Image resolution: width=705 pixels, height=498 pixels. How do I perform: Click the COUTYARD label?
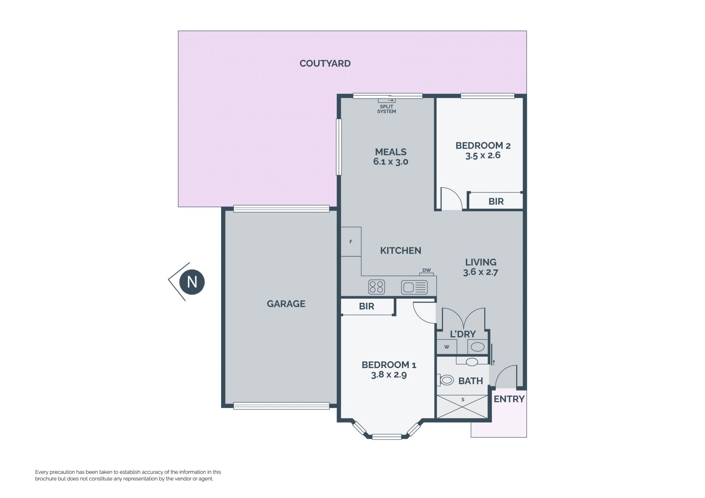point(325,63)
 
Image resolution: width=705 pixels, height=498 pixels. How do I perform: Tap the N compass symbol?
point(192,282)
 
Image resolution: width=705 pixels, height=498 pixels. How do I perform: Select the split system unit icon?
point(387,100)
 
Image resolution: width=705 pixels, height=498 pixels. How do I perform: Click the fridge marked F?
point(351,241)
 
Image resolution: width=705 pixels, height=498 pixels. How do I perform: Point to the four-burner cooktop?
point(376,287)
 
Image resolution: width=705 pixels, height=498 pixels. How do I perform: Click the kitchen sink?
point(415,287)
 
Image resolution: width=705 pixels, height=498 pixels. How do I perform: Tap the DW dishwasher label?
point(426,270)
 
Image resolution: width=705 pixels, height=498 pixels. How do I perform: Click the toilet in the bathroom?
point(445,380)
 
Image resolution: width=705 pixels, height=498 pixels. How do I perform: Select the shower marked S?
point(463,407)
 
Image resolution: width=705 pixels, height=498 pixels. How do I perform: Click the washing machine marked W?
point(447,347)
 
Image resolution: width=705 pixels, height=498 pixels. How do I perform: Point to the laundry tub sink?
point(477,347)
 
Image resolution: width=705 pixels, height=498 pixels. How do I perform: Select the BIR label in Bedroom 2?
point(496,201)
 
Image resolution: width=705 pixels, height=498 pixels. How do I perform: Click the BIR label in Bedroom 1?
point(366,306)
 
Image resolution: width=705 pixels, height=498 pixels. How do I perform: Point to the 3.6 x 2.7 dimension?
point(480,272)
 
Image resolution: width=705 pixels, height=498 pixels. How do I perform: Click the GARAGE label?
point(286,304)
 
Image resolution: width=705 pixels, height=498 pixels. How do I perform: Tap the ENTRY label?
point(509,399)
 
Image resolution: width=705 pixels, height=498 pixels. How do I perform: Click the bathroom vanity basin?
point(472,362)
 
